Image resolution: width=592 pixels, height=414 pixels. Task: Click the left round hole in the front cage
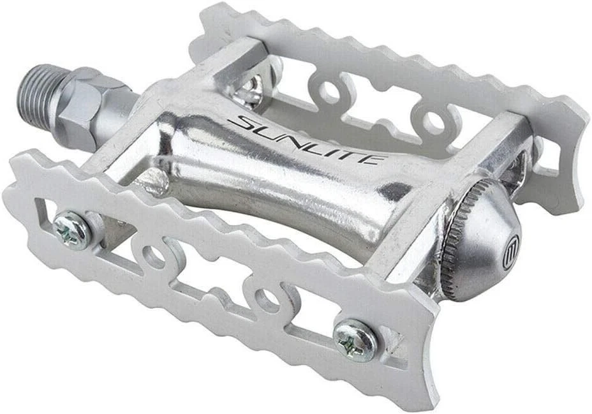[153, 256]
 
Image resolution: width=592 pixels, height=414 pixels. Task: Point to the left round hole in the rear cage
[329, 92]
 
